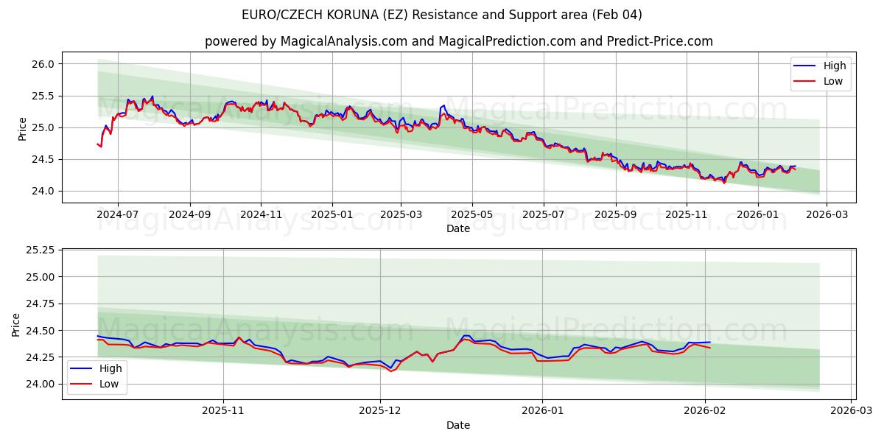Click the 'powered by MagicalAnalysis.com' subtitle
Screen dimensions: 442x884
coord(458,41)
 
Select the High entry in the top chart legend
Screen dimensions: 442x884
coord(834,66)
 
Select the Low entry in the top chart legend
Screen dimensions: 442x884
coord(832,81)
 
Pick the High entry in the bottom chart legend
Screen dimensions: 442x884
coord(110,368)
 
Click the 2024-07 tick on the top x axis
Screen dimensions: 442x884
coord(118,214)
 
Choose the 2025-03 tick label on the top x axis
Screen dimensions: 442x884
coord(401,214)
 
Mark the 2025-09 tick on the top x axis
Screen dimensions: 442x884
coord(615,214)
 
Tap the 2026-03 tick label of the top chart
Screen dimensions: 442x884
coord(826,214)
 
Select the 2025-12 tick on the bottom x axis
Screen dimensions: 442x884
coord(381,411)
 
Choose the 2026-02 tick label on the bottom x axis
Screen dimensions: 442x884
coord(706,411)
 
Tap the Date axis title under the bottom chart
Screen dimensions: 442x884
coord(458,425)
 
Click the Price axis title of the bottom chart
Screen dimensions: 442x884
coord(16,325)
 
